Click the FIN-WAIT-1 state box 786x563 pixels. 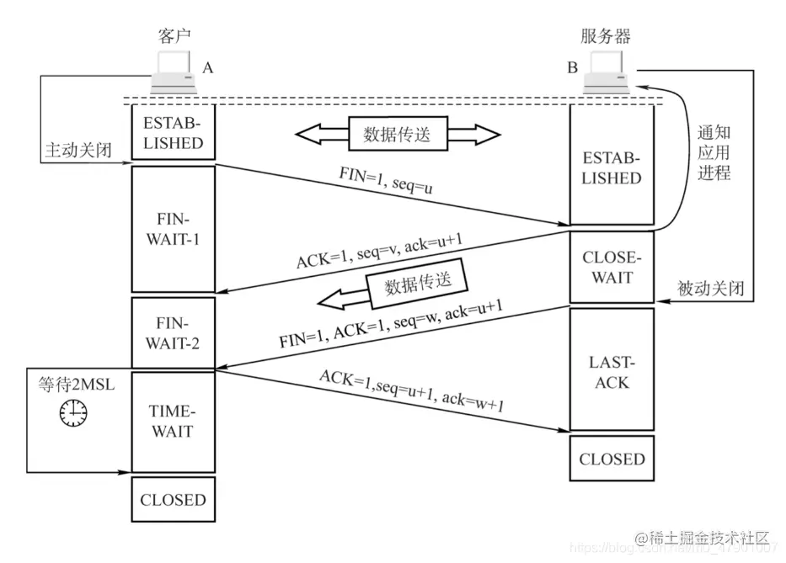(173, 229)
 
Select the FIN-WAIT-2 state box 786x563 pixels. (173, 332)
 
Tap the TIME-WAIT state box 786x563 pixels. (173, 422)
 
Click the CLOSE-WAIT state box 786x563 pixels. (612, 268)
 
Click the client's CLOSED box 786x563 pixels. (173, 500)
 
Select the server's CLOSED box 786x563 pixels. (612, 459)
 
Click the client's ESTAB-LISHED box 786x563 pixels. (173, 132)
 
